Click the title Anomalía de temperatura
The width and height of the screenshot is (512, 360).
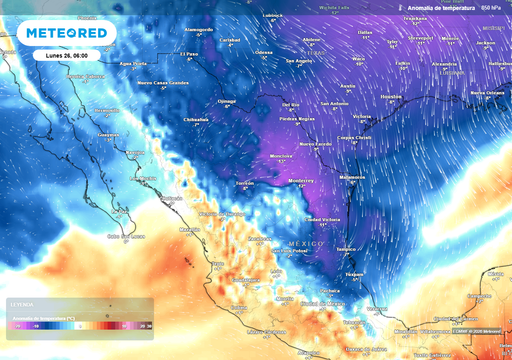(437, 8)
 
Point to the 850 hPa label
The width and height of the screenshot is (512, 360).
(491, 8)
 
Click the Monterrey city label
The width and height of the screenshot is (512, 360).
(301, 181)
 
